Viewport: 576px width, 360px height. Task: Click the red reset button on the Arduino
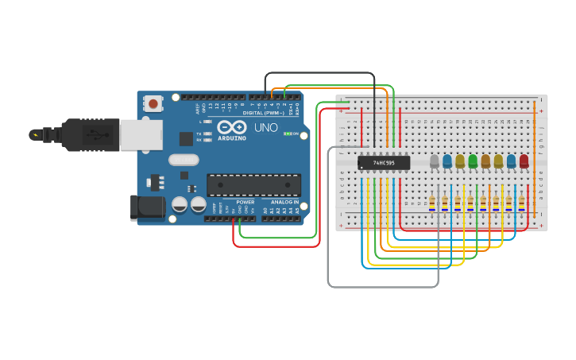[153, 103]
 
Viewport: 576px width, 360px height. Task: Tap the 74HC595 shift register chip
[384, 163]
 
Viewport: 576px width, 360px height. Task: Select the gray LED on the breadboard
[434, 161]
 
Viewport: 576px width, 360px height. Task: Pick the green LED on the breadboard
[473, 161]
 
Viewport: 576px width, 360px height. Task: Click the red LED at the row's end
[524, 161]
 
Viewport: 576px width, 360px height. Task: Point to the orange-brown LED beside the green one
[485, 161]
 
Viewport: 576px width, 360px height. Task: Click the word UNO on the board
[265, 127]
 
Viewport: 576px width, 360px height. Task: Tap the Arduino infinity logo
[232, 127]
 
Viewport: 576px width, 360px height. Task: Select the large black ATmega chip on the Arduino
[253, 185]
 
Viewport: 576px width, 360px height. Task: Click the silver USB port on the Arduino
[141, 135]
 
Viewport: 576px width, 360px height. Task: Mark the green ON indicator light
[288, 134]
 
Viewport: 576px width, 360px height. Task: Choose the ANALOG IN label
[284, 202]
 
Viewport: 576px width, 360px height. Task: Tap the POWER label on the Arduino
[245, 202]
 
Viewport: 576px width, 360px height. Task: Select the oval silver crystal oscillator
[184, 160]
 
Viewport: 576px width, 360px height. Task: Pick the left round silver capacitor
[180, 205]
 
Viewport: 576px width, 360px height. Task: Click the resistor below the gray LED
[432, 203]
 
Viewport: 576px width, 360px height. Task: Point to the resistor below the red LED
[522, 203]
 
